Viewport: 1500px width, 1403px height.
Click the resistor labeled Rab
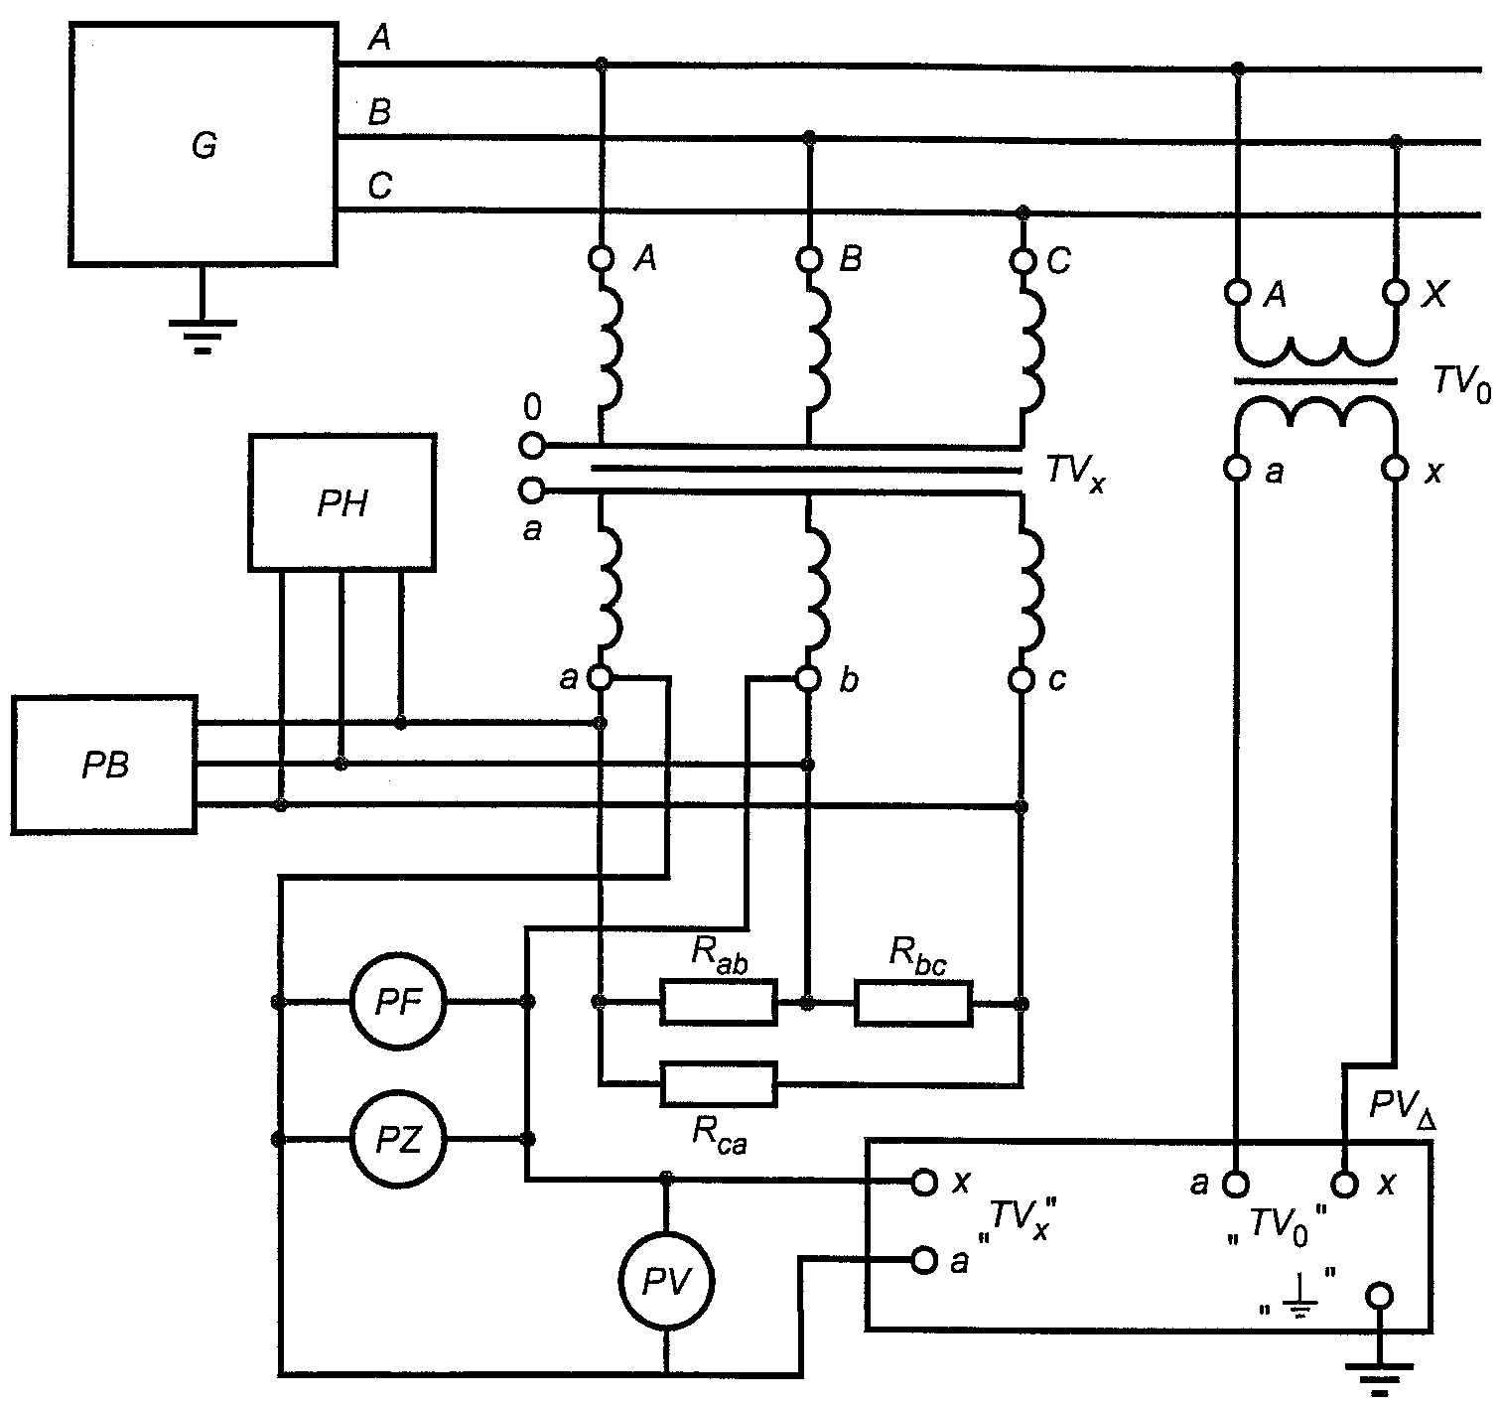[719, 1003]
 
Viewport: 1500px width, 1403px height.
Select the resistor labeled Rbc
[913, 1003]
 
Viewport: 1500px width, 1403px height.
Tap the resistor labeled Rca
[719, 1084]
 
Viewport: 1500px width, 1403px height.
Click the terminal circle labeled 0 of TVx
[532, 446]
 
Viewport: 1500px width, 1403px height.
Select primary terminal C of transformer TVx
[1022, 261]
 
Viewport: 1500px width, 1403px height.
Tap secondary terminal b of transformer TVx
[808, 679]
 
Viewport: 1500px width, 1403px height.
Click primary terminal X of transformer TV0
[1395, 292]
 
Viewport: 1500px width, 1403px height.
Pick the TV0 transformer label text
[1462, 384]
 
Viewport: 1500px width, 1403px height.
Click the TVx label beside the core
[1075, 474]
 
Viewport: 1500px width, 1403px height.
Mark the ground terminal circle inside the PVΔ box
[1379, 1297]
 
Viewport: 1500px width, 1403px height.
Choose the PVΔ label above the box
[1402, 1107]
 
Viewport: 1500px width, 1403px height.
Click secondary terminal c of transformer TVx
[1022, 680]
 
